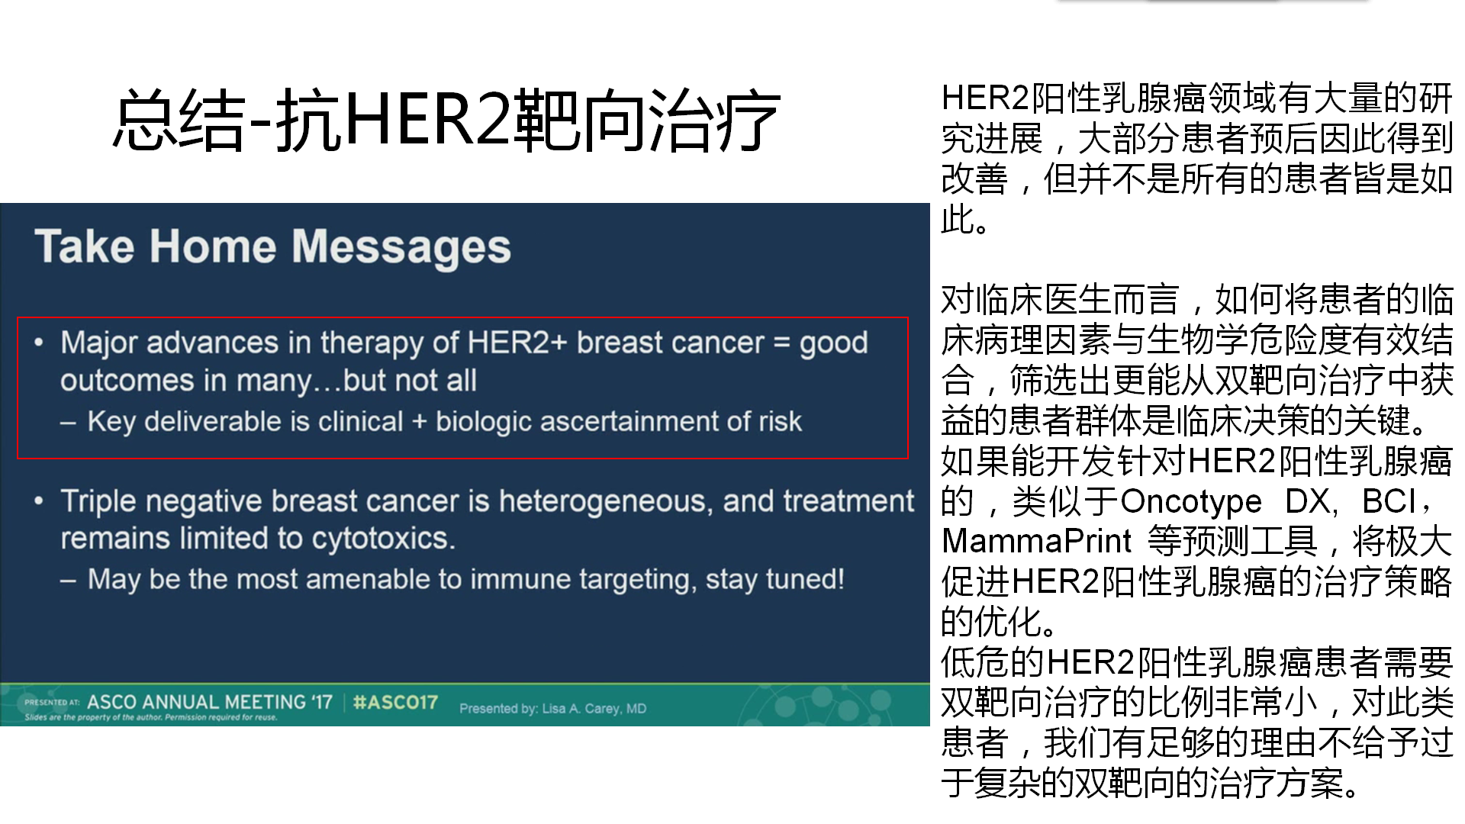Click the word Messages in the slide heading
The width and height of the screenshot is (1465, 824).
401,247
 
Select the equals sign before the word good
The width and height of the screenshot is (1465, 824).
781,343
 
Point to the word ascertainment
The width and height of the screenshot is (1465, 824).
635,421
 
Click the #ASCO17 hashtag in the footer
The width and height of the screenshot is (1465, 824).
395,702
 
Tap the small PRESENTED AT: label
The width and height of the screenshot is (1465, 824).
51,703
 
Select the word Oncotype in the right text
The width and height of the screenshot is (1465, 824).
1191,501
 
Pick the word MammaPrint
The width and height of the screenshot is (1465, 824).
1037,541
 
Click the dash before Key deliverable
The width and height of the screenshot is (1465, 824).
69,422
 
